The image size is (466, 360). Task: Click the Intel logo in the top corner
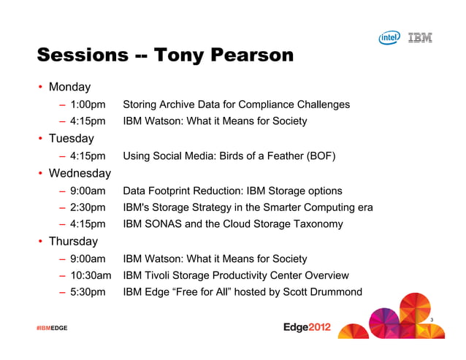(x=389, y=38)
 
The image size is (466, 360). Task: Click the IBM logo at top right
(x=419, y=37)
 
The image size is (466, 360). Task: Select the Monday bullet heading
(x=69, y=88)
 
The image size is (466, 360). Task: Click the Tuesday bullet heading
(x=72, y=138)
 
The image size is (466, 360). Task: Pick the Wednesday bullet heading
(x=80, y=174)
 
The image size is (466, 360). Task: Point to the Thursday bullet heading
(x=74, y=241)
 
